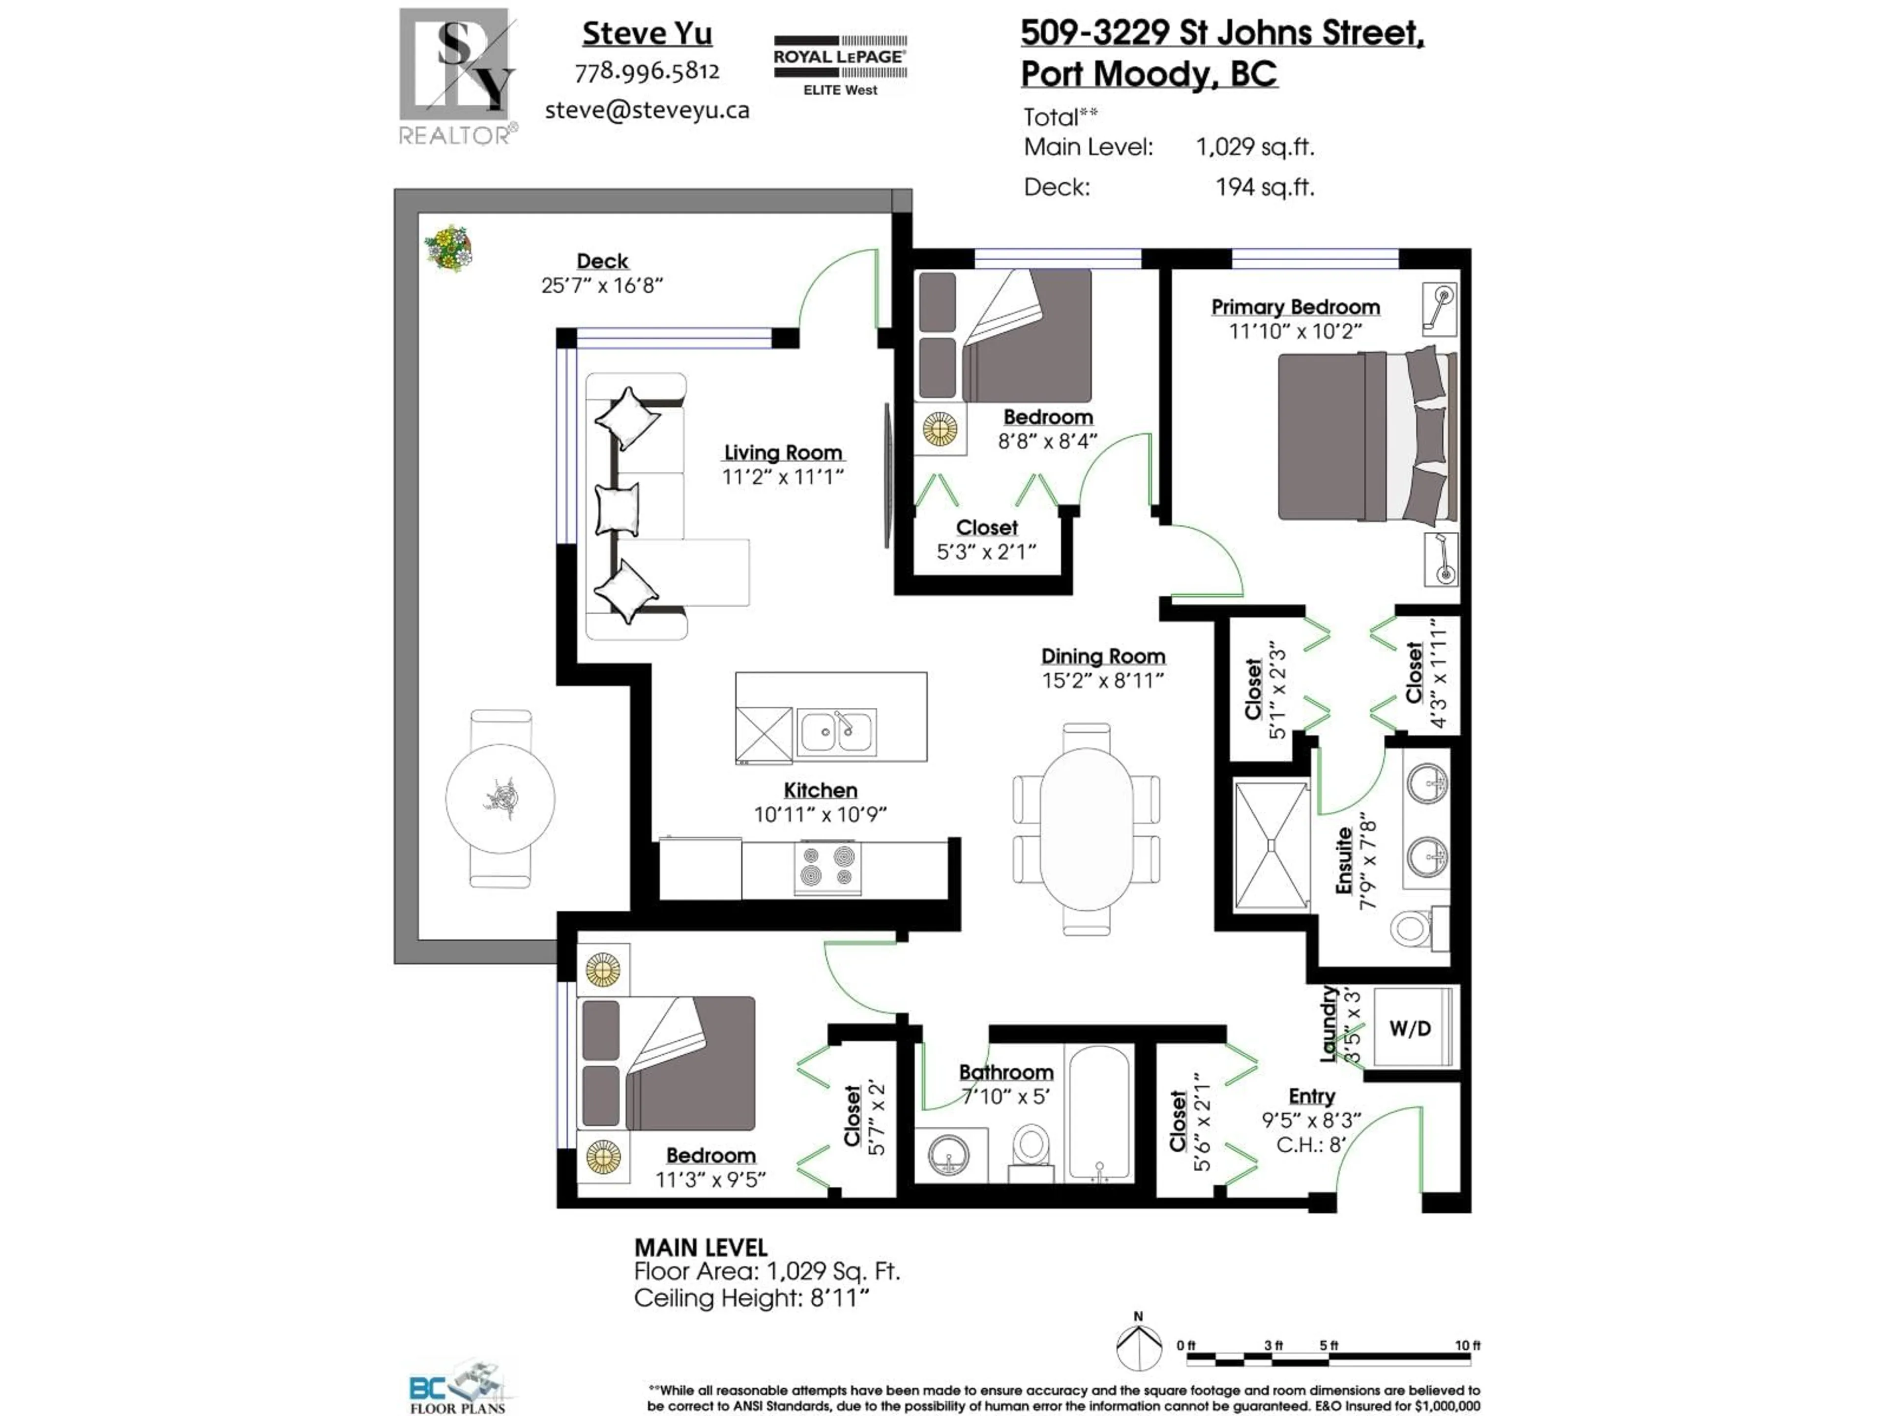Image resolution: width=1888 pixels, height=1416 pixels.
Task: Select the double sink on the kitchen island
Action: (x=836, y=732)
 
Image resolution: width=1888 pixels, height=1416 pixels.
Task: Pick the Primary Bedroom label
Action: (x=1295, y=307)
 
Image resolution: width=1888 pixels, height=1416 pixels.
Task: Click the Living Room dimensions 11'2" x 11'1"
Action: (x=783, y=477)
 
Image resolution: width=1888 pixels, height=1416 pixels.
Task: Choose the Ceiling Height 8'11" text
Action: (x=751, y=1298)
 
